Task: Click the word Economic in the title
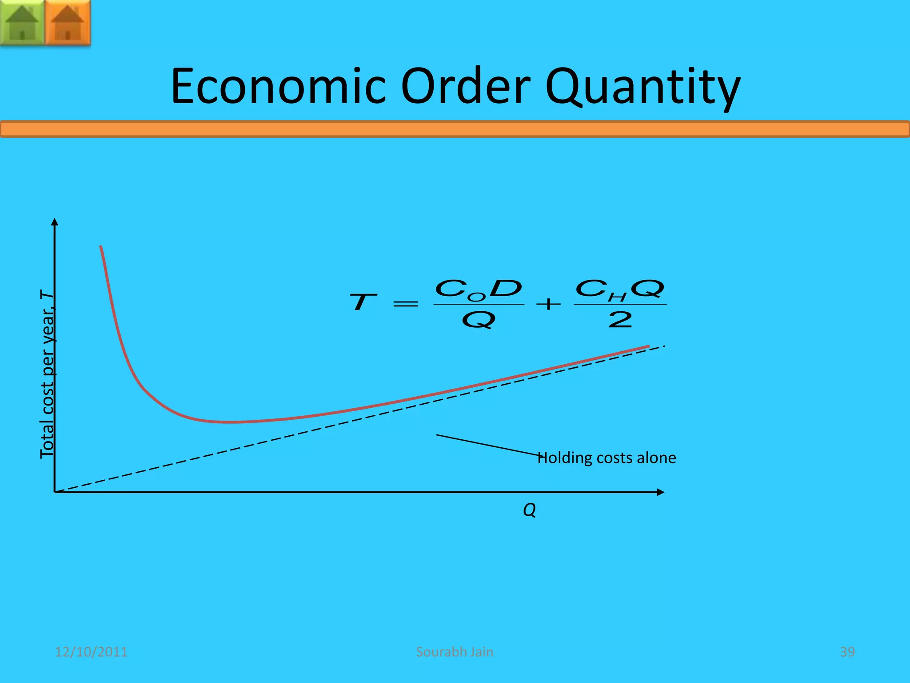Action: point(278,86)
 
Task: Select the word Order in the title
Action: point(465,86)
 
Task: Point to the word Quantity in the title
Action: point(643,87)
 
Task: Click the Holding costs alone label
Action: point(607,458)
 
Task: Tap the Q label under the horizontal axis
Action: point(529,510)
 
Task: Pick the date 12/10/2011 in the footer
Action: point(91,652)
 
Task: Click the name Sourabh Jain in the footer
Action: point(455,652)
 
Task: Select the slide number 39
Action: point(847,652)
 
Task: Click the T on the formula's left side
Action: point(363,302)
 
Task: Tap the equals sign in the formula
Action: point(406,304)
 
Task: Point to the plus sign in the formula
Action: point(548,304)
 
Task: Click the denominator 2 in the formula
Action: point(620,320)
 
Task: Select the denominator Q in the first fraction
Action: point(479,320)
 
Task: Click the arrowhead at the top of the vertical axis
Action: point(55,222)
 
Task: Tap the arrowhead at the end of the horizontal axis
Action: point(661,492)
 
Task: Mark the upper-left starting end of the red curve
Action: point(101,247)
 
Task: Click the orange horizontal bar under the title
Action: point(455,129)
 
